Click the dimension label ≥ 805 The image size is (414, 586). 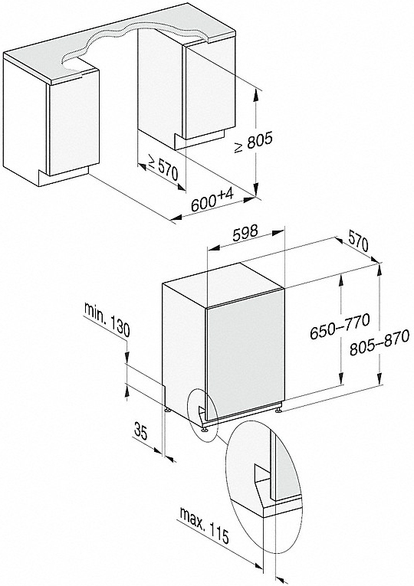click(253, 142)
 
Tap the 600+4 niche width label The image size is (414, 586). click(212, 200)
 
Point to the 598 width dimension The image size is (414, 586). click(245, 234)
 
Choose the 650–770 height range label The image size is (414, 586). click(340, 326)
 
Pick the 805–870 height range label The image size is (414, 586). click(379, 342)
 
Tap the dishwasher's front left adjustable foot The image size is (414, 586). click(204, 428)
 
